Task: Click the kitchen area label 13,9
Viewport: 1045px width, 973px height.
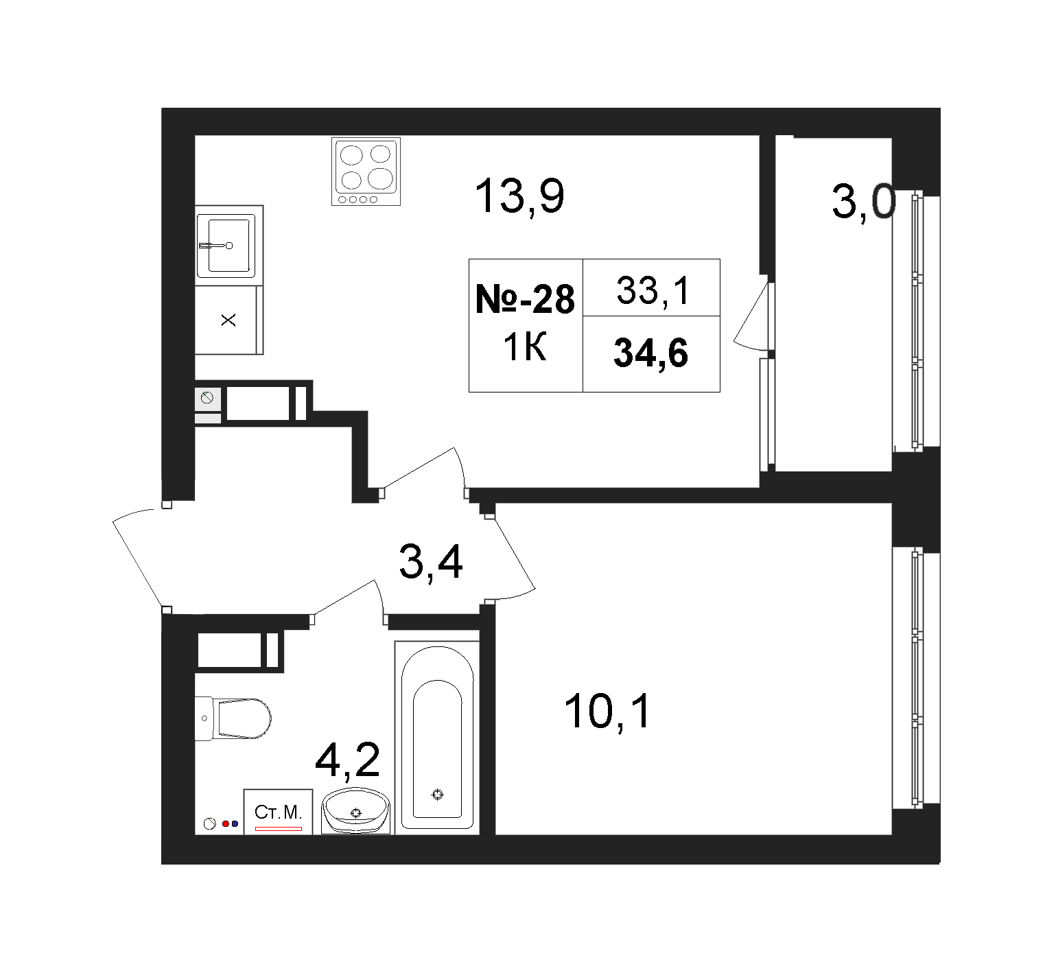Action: (520, 196)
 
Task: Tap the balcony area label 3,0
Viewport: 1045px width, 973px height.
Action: (864, 203)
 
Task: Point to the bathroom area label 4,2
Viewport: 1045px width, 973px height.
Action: (347, 762)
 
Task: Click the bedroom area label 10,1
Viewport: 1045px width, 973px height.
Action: (607, 712)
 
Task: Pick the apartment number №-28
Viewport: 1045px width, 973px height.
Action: (525, 299)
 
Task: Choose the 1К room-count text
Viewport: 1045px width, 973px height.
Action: (525, 349)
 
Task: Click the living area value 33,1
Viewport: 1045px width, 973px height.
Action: (652, 291)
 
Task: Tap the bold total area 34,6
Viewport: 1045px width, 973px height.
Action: (650, 353)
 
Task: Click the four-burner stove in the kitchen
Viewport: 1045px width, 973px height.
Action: (366, 171)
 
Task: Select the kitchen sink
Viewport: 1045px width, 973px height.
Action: (226, 245)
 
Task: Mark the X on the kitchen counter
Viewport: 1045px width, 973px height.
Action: (228, 320)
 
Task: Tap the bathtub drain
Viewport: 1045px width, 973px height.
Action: (438, 795)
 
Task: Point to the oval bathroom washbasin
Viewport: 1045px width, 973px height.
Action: (355, 810)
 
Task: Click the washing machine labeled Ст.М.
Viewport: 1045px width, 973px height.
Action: (278, 812)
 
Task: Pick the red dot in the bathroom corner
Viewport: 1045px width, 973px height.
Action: (225, 823)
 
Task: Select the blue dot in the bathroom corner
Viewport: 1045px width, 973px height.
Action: (235, 823)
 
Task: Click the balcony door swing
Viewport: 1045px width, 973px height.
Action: (751, 314)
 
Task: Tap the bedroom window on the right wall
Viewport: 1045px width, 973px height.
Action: (915, 678)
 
